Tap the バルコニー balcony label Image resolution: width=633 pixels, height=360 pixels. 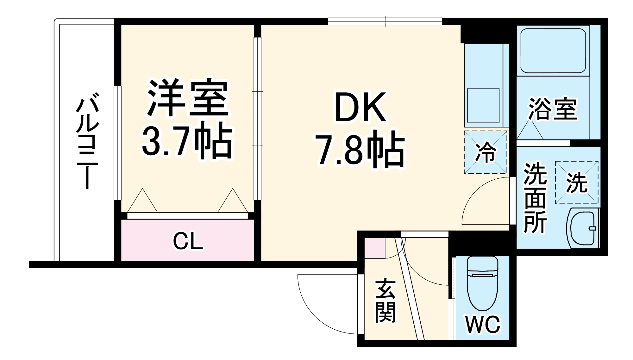pos(87,141)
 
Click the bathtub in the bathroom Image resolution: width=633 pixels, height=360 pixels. pos(553,51)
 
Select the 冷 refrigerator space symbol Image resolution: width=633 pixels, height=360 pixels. pos(486,152)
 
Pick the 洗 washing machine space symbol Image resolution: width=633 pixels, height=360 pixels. pos(576,183)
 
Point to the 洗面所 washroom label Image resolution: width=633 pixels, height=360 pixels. pos(535,198)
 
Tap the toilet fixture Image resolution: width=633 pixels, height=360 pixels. pos(482,283)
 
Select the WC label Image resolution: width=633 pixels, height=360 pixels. pos(482,324)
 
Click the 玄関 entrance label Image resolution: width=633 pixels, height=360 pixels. pos(385,301)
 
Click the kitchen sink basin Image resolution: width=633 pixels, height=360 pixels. pos(483,105)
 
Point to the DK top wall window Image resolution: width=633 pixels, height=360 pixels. pos(385,21)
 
